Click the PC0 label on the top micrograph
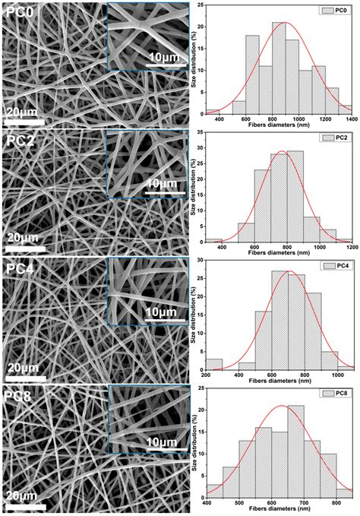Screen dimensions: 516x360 [x=18, y=13]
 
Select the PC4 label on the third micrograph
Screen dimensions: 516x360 [x=18, y=268]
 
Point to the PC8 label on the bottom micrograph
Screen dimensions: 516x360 [x=18, y=395]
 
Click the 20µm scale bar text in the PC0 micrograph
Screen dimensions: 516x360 [x=23, y=112]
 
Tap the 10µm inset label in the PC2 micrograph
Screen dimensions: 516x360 [x=161, y=183]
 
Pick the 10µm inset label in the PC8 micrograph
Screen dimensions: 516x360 [x=161, y=442]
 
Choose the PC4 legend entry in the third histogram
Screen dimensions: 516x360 [x=334, y=267]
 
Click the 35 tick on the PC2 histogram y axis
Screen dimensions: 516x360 [x=199, y=134]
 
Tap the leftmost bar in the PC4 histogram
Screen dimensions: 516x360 [x=215, y=363]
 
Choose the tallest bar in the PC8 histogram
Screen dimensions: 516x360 [x=295, y=454]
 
